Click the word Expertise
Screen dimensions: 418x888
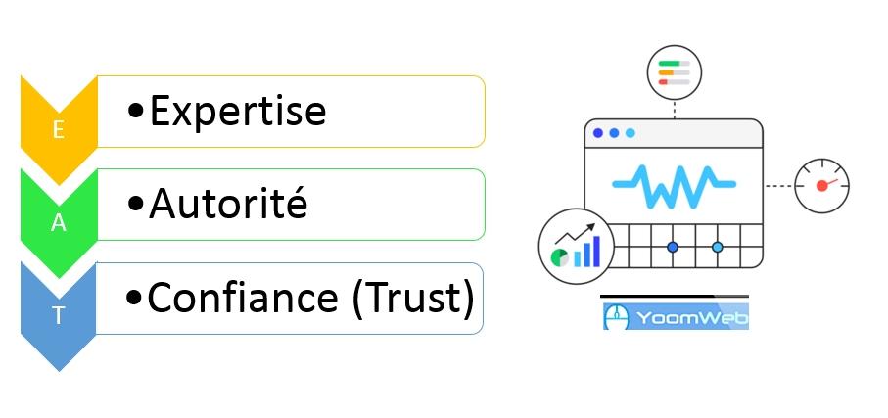pyautogui.click(x=237, y=112)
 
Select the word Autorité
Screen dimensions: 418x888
pyautogui.click(x=228, y=204)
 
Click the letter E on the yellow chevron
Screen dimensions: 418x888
pyautogui.click(x=58, y=131)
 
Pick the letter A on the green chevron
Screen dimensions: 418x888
pyautogui.click(x=58, y=223)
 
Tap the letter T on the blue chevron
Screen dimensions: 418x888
pyautogui.click(x=58, y=316)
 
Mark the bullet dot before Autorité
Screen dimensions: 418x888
pyautogui.click(x=136, y=206)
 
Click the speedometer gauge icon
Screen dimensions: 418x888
pyautogui.click(x=820, y=185)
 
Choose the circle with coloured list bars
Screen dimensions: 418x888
pyautogui.click(x=675, y=71)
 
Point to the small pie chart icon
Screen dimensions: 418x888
pyautogui.click(x=560, y=257)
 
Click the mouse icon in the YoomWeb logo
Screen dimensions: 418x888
pyautogui.click(x=616, y=317)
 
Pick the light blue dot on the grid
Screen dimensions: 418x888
pyautogui.click(x=717, y=247)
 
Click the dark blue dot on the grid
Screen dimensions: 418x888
pyautogui.click(x=673, y=247)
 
